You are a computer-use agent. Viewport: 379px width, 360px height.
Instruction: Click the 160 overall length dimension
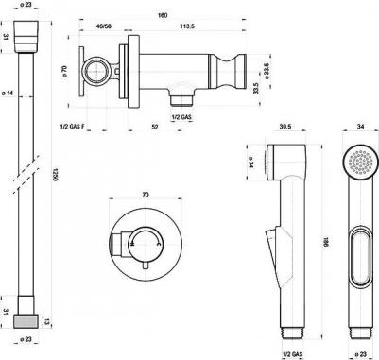pyautogui.click(x=163, y=15)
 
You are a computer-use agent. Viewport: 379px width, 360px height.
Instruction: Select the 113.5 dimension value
pyautogui.click(x=187, y=26)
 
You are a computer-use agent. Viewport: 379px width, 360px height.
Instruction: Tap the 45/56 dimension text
pyautogui.click(x=103, y=26)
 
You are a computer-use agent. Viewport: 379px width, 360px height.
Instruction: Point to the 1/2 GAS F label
pyautogui.click(x=72, y=127)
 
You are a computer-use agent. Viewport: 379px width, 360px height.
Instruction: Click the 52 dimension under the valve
pyautogui.click(x=155, y=127)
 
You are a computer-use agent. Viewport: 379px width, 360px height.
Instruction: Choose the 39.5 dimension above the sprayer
pyautogui.click(x=284, y=126)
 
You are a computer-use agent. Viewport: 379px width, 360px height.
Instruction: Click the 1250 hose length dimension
pyautogui.click(x=54, y=174)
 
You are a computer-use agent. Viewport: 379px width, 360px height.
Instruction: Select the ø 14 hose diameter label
pyautogui.click(x=9, y=93)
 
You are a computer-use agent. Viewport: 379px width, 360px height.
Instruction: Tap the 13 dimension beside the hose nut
pyautogui.click(x=47, y=321)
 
